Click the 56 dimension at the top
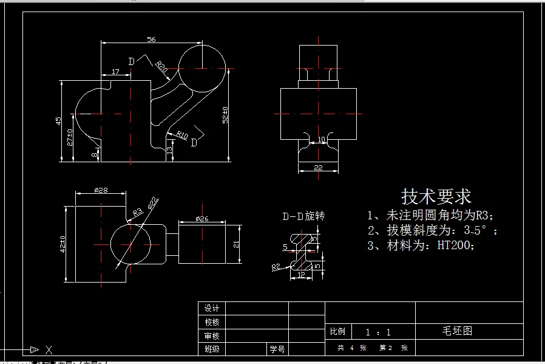[x=151, y=39]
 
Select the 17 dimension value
[x=115, y=72]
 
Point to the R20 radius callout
[x=161, y=67]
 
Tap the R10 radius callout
[x=182, y=135]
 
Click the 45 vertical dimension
[x=58, y=120]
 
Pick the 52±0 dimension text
[x=226, y=115]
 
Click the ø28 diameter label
[x=101, y=190]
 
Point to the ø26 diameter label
[x=202, y=218]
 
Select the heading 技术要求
[x=436, y=196]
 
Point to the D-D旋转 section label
[x=303, y=216]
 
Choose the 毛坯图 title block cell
[x=457, y=331]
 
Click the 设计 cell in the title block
[x=212, y=308]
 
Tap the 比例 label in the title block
[x=337, y=332]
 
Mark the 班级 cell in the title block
[x=212, y=349]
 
